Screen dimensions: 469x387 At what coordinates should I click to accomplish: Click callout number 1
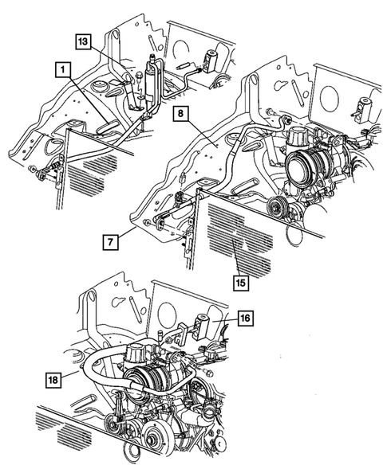pyautogui.click(x=59, y=70)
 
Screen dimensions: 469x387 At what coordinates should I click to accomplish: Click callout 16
pyautogui.click(x=246, y=317)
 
